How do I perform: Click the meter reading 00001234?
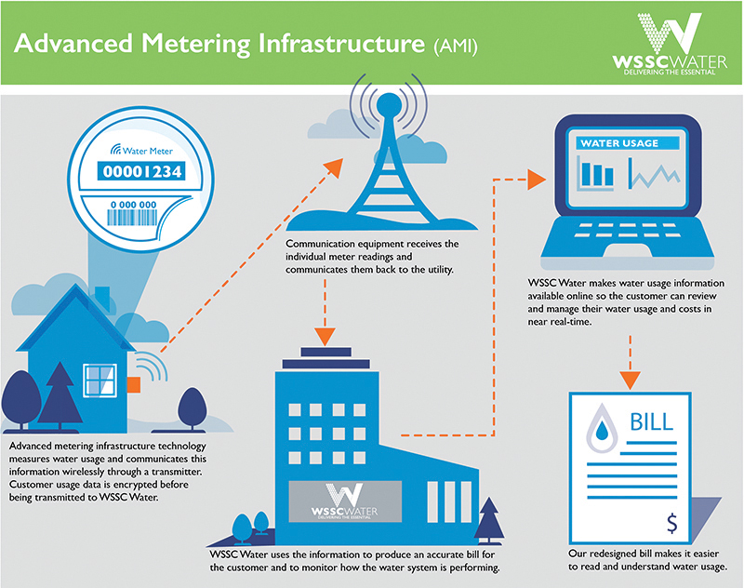pos(142,171)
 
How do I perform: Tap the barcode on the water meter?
pos(132,218)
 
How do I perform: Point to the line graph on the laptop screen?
pos(655,174)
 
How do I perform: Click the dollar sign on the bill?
pos(671,523)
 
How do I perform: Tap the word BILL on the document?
pos(651,421)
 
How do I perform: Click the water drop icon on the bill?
pos(602,428)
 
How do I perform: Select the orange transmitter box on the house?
pos(134,384)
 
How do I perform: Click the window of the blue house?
pos(100,381)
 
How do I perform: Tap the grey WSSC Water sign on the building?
pos(345,501)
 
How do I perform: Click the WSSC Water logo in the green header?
pos(669,44)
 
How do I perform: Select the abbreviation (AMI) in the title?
pos(456,46)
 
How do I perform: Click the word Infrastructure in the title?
pos(341,43)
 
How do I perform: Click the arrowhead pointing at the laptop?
pos(537,180)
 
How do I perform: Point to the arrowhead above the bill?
pos(631,380)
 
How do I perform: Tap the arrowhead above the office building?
pos(325,337)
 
